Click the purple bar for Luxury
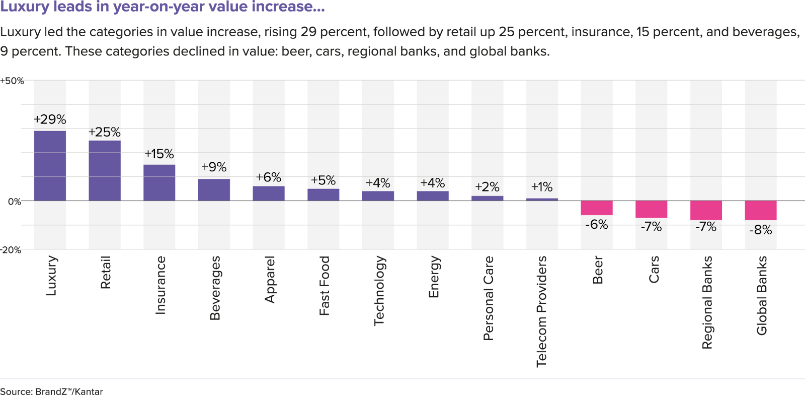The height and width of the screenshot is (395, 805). pos(50,166)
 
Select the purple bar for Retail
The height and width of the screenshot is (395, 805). pos(105,170)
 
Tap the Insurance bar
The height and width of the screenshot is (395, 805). pos(159,182)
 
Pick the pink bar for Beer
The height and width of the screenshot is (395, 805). pos(597,208)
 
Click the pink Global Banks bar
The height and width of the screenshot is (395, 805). pos(761,210)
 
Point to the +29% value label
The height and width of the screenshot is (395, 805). pos(50,119)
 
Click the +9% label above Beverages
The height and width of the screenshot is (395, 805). pos(214,167)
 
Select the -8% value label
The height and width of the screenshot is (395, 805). pos(760,230)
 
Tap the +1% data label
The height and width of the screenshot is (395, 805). pos(542,187)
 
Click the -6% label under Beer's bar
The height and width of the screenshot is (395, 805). pos(597,225)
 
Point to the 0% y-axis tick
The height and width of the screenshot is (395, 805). pos(15,202)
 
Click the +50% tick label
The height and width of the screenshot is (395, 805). pos(12,81)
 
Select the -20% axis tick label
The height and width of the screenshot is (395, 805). pos(11,250)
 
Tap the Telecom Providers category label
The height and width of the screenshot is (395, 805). pos(541,311)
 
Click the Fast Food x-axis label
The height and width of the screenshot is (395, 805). pos(324,286)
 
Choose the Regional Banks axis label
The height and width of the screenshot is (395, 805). pos(707,302)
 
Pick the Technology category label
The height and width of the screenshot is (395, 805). pos(379,291)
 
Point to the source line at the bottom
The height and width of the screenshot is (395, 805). pos(51,391)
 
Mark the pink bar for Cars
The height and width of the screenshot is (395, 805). pos(651,209)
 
